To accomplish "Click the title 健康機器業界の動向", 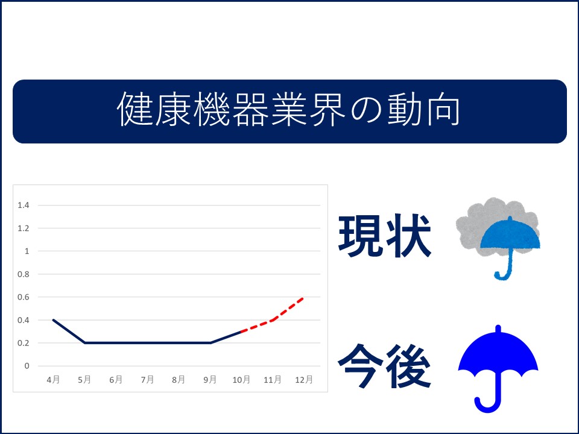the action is (x=289, y=110).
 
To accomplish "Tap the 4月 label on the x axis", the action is (x=53, y=379).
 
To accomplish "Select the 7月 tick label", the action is (x=147, y=379).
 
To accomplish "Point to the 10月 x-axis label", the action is (x=241, y=379).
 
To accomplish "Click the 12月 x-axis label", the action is (x=304, y=379).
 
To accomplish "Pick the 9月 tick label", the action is (x=210, y=379).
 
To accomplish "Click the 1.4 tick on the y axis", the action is (x=24, y=205).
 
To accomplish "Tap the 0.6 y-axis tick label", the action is (x=24, y=297).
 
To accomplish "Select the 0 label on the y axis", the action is (x=27, y=366).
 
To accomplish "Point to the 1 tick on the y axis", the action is (x=27, y=251).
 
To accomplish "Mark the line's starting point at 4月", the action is (x=53, y=320).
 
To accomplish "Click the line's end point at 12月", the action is (x=304, y=297).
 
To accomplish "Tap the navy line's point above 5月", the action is (x=84, y=343).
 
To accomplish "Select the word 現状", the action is (x=385, y=236).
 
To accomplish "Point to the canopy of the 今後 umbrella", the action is (x=498, y=353).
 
